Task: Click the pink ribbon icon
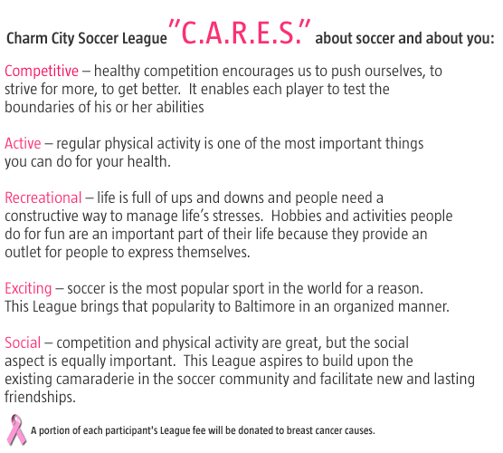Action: click(16, 429)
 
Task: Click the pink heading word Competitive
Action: click(42, 72)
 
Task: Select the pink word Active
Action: click(23, 143)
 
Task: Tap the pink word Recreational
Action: click(43, 198)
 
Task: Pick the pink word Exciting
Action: click(28, 289)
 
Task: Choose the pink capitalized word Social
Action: click(23, 342)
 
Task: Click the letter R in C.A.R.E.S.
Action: click(239, 34)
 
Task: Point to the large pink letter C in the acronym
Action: click(188, 34)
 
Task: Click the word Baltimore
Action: click(265, 306)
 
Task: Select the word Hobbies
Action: click(296, 216)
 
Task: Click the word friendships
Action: click(40, 397)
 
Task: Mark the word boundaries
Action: click(40, 107)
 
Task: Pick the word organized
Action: click(364, 307)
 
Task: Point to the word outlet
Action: click(23, 252)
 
